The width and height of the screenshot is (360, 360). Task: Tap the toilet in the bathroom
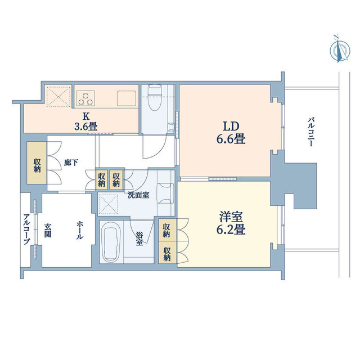(x=154, y=97)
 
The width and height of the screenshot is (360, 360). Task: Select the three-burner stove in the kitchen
(x=85, y=98)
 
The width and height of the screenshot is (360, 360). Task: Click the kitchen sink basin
(x=127, y=98)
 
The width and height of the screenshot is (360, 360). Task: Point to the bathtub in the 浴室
(x=111, y=242)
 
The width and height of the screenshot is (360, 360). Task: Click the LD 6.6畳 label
(x=231, y=133)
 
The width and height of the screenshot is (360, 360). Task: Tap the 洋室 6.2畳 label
(x=231, y=223)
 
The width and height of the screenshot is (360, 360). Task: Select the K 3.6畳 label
(x=86, y=121)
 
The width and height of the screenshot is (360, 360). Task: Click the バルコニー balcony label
(x=311, y=132)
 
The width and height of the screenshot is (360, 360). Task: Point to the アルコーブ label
(x=27, y=229)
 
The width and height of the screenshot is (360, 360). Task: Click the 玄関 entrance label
(x=47, y=230)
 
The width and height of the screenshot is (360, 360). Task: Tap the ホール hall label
(x=80, y=230)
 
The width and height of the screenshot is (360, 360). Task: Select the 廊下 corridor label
(x=71, y=163)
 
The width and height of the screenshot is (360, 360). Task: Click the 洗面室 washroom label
(x=138, y=195)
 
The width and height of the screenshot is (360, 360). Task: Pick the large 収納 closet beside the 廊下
(x=37, y=163)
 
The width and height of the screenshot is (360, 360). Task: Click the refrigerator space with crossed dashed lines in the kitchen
(x=58, y=96)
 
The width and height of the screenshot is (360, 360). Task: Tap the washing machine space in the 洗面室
(x=108, y=204)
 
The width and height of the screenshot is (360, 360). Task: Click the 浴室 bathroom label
(x=139, y=238)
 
